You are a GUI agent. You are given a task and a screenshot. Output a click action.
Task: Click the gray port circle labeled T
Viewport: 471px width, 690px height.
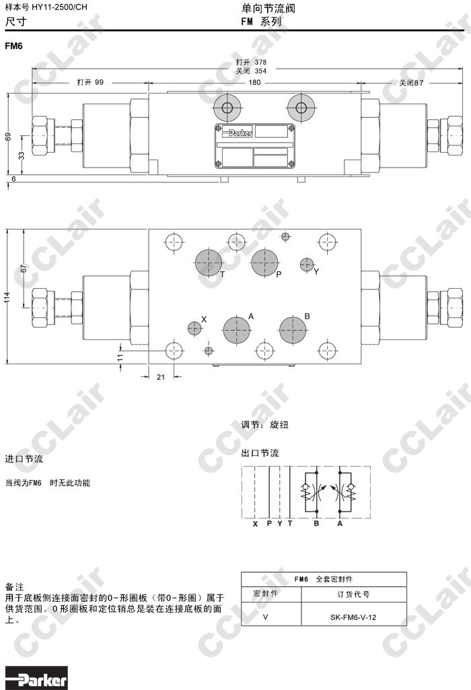(208, 263)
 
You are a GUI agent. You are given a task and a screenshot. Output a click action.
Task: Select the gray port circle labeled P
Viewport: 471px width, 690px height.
(264, 263)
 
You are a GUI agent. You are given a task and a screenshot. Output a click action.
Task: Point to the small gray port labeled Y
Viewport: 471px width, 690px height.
(307, 265)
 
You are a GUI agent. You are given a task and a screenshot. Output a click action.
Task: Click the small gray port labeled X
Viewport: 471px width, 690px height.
(194, 328)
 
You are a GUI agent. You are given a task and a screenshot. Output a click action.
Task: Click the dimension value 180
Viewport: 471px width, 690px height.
(254, 82)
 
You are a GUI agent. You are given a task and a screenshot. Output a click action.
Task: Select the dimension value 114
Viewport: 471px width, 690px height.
(7, 297)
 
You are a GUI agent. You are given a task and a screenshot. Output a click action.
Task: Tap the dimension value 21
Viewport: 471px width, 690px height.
(161, 377)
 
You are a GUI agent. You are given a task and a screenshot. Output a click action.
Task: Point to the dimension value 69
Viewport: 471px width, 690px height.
(8, 137)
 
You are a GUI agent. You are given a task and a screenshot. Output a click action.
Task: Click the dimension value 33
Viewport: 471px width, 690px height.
(21, 155)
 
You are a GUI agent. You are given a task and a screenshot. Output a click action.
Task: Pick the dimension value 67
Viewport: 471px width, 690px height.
(24, 268)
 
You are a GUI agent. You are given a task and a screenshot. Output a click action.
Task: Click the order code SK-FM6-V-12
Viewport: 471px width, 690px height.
(353, 617)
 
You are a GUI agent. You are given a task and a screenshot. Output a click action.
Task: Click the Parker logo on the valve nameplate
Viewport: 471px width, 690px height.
(236, 132)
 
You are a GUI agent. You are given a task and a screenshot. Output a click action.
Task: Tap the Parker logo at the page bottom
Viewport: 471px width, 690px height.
(36, 678)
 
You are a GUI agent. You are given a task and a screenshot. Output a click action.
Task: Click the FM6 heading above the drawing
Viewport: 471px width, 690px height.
(13, 46)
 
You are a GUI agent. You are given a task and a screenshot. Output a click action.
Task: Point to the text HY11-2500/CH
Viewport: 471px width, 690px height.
(59, 7)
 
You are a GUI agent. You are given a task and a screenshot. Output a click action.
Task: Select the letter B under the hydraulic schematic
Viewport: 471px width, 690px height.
(316, 524)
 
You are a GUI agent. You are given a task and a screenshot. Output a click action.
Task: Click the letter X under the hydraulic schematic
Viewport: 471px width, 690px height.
(255, 524)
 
